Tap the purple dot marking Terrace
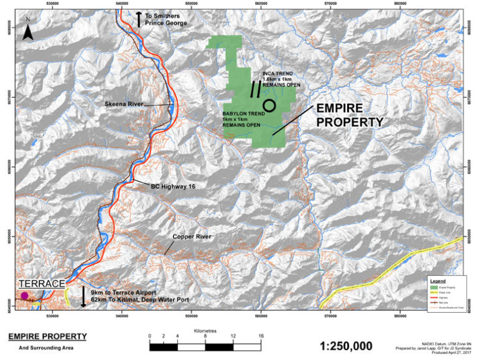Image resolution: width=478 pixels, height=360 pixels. click(24, 296)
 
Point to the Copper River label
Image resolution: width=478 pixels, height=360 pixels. click(192, 237)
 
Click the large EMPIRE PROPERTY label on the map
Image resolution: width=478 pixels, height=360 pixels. click(349, 115)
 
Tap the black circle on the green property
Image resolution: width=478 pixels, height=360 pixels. click(269, 105)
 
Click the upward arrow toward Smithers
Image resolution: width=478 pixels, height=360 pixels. click(138, 19)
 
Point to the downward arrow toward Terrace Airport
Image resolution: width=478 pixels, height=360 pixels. click(83, 297)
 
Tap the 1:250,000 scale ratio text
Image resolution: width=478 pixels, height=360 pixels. click(345, 346)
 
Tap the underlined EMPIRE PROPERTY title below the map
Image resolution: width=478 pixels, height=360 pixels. click(47, 337)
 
